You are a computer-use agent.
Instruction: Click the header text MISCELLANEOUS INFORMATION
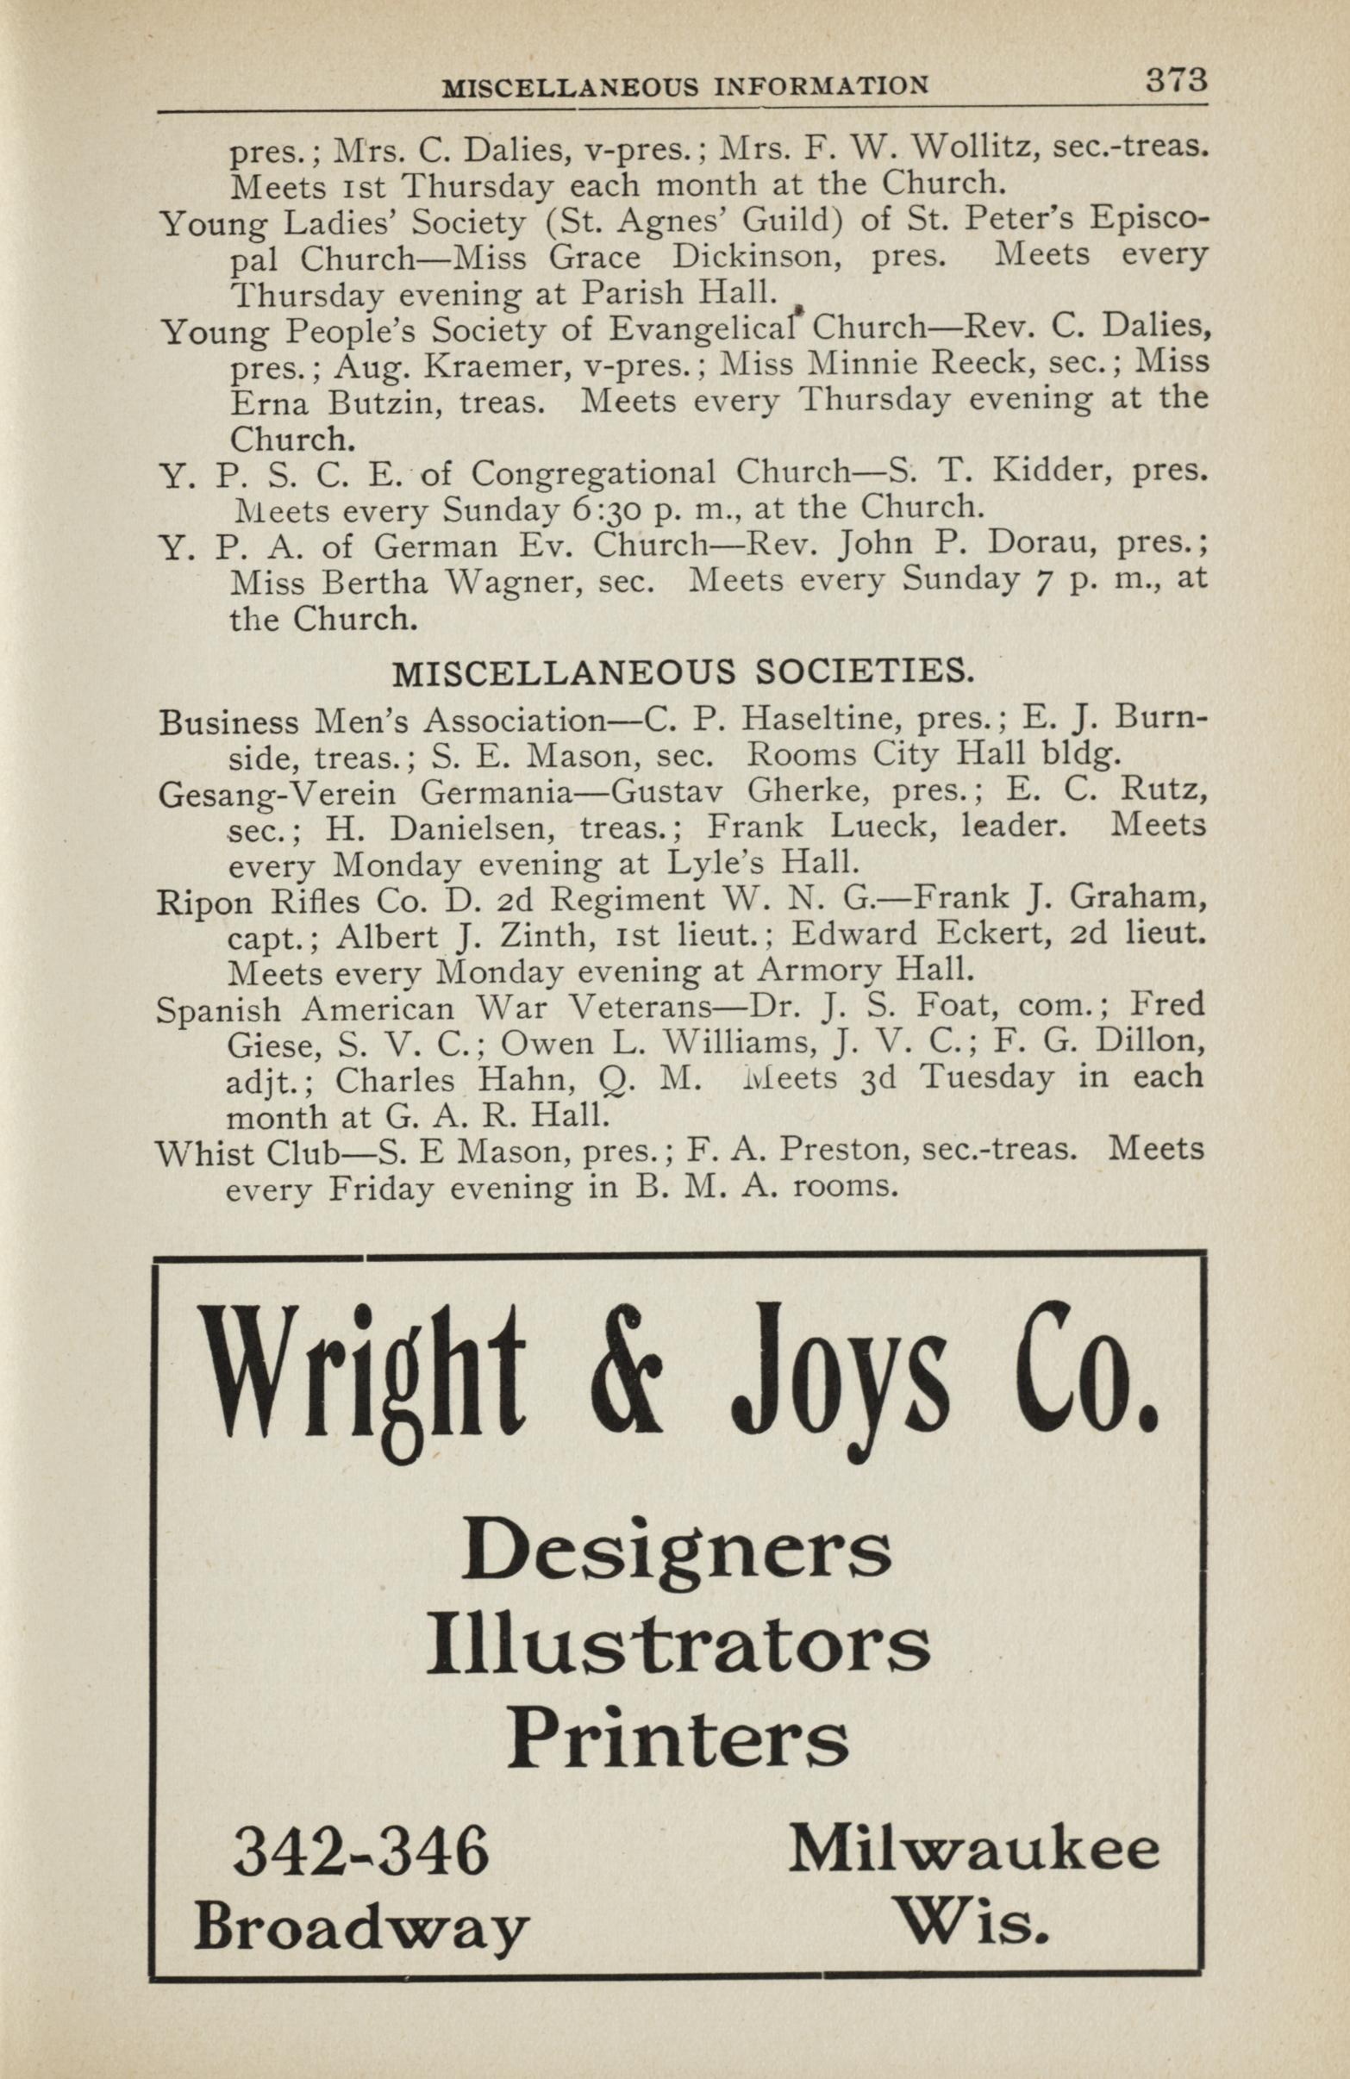[685, 86]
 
